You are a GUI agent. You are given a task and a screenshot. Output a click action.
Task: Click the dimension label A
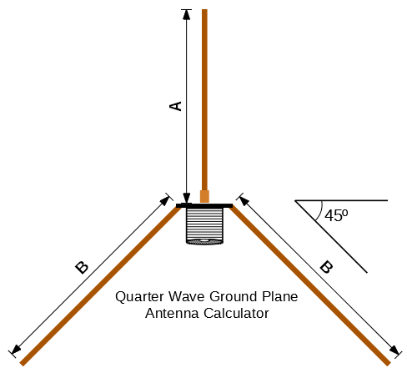[x=175, y=106]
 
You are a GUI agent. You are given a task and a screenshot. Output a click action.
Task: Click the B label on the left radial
[x=82, y=268]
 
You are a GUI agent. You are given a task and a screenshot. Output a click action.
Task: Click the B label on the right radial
[x=326, y=267]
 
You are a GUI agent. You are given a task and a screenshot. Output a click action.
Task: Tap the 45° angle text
[x=336, y=215]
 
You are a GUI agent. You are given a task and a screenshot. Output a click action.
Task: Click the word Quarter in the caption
[x=139, y=297]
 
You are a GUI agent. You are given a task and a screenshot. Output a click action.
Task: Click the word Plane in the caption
[x=279, y=296]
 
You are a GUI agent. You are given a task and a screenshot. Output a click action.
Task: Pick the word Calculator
[x=236, y=313]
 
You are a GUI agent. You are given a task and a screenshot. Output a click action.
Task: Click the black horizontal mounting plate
[x=204, y=205]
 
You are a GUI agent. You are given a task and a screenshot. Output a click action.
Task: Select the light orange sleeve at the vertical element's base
[x=204, y=196]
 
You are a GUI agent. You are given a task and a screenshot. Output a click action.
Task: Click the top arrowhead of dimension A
[x=187, y=14]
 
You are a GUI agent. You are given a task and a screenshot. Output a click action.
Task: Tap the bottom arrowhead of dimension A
[x=187, y=198]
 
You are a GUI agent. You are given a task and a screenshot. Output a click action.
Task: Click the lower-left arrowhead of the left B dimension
[x=16, y=350]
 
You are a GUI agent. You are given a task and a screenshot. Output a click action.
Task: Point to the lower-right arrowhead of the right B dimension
[x=394, y=350]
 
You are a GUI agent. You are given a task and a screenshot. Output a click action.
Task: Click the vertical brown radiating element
[x=204, y=100]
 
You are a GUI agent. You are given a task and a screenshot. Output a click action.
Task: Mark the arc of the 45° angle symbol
[x=320, y=211]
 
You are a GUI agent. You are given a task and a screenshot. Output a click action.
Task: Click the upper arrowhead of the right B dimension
[x=244, y=201]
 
